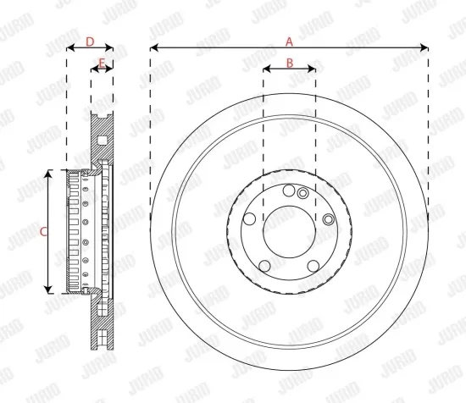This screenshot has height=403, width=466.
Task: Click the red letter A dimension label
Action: [x=289, y=41]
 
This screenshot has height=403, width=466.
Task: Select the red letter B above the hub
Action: [x=289, y=63]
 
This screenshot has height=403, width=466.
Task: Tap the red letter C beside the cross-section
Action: [x=45, y=230]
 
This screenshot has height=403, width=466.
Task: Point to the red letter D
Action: [x=89, y=41]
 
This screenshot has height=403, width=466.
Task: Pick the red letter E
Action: [x=102, y=63]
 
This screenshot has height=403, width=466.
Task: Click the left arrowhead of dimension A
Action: [x=153, y=48]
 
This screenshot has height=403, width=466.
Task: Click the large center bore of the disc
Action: [x=289, y=230]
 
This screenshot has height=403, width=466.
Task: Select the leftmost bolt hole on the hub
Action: [x=250, y=218]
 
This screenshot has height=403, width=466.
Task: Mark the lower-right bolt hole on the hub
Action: [x=313, y=265]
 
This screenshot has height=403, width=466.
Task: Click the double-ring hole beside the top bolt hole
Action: [x=302, y=194]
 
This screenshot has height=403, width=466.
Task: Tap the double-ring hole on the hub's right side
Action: [x=328, y=220]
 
